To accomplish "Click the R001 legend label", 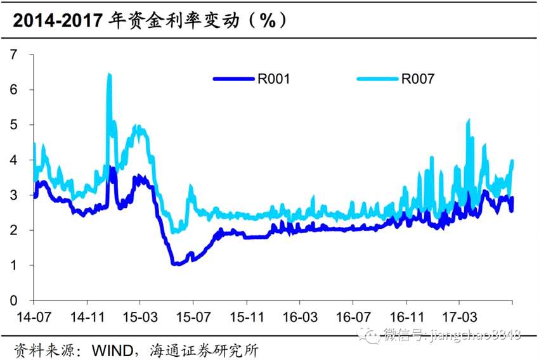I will pyautogui.click(x=273, y=79).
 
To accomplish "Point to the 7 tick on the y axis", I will pyautogui.click(x=13, y=55).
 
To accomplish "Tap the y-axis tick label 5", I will pyautogui.click(x=13, y=125).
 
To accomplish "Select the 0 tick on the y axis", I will pyautogui.click(x=13, y=300).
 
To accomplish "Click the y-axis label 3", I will pyautogui.click(x=13, y=195).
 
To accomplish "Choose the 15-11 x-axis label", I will pyautogui.click(x=246, y=316).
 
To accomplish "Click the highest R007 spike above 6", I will pyautogui.click(x=109, y=75).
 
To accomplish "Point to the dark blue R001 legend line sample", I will pyautogui.click(x=235, y=79).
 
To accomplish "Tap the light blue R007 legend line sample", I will pyautogui.click(x=378, y=79).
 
